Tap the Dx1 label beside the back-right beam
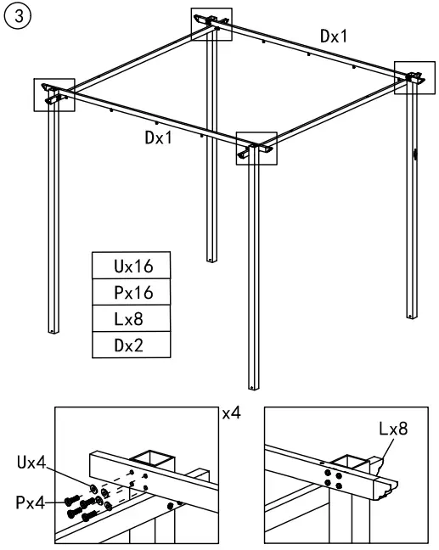click(x=333, y=36)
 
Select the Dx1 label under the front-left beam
click(x=157, y=138)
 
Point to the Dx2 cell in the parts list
click(x=131, y=346)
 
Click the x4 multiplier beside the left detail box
click(x=230, y=415)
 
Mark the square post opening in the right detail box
click(x=351, y=463)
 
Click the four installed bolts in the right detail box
click(x=334, y=480)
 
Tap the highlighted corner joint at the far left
click(x=54, y=93)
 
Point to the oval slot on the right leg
click(x=415, y=154)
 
